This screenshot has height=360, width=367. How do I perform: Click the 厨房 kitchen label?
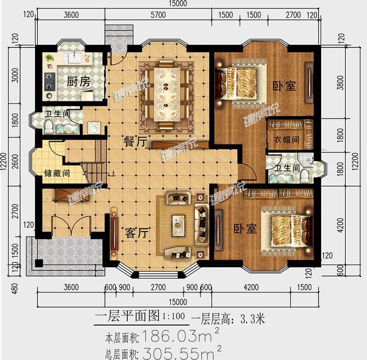tap(78, 82)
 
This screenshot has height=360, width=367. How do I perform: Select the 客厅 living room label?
tap(137, 234)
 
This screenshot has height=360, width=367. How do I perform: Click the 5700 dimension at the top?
tap(158, 14)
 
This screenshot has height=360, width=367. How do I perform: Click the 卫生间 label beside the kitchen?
tap(59, 114)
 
